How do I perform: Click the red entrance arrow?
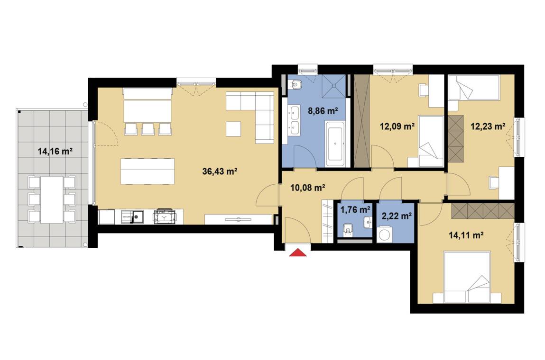point(298,252)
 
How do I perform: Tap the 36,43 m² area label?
point(220,171)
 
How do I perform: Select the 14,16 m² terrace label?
point(55,151)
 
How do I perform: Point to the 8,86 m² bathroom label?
point(323,111)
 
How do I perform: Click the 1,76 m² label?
point(355,209)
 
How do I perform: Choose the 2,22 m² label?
point(397,216)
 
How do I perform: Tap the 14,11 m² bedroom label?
point(466,235)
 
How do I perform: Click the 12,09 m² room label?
point(397,126)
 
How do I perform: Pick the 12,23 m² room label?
point(488,126)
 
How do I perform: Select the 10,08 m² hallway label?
point(308,188)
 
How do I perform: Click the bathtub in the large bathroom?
point(335,144)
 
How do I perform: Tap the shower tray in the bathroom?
point(334,85)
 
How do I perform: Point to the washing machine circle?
point(384,234)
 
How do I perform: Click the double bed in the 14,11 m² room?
point(467,277)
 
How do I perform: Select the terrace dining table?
point(52,199)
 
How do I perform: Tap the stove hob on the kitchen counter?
point(164,216)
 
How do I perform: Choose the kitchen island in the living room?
point(148,171)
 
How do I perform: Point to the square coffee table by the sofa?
point(233,129)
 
